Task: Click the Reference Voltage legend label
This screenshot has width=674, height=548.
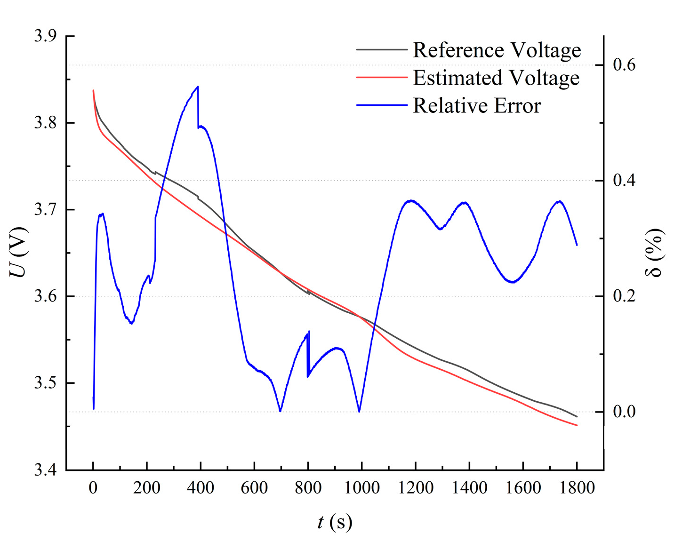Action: point(497,50)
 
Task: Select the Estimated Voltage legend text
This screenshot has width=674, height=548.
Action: point(496,78)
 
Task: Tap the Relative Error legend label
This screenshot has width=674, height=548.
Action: point(477,106)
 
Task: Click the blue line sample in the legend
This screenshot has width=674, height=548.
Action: point(381,105)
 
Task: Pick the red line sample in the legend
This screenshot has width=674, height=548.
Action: point(381,77)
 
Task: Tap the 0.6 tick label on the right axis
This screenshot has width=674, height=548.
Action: point(624,65)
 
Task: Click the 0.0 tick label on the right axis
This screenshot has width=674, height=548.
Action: point(624,412)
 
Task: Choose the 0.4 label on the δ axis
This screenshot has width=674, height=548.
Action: point(624,180)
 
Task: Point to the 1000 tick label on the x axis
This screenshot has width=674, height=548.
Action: point(362,488)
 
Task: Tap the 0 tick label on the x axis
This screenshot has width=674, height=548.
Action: point(93,488)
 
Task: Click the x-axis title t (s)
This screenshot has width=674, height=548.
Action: point(335,522)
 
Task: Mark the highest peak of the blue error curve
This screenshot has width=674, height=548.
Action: point(198,87)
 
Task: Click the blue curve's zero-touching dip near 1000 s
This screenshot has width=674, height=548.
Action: point(359,412)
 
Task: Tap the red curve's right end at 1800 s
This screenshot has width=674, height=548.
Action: point(577,425)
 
